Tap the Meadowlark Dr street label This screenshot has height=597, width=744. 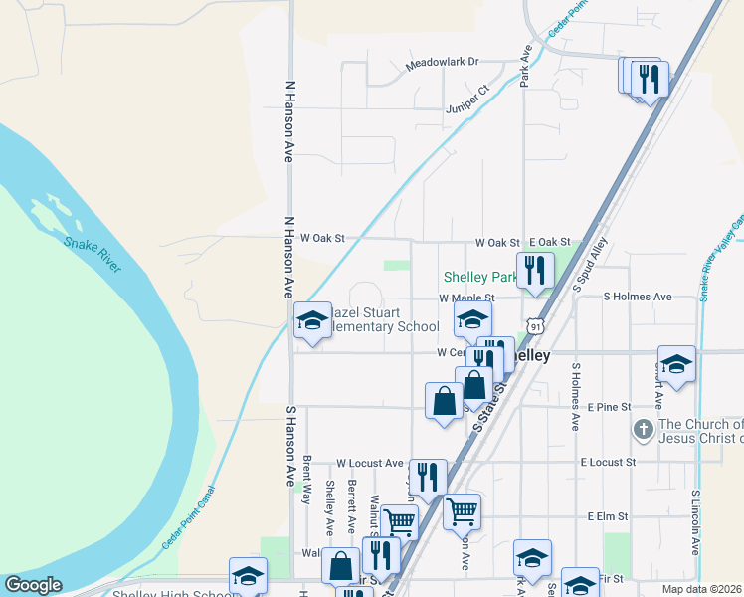pyautogui.click(x=443, y=67)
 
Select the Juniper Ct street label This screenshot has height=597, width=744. pyautogui.click(x=468, y=98)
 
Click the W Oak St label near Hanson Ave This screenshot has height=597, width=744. pyautogui.click(x=322, y=239)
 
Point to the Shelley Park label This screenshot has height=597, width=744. pyautogui.click(x=479, y=278)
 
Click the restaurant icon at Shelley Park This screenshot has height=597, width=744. pyautogui.click(x=535, y=270)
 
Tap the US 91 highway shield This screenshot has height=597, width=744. pyautogui.click(x=536, y=326)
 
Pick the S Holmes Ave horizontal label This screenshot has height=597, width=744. pyautogui.click(x=638, y=297)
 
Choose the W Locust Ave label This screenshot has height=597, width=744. pyautogui.click(x=369, y=463)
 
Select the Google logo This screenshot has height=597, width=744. pyautogui.click(x=33, y=585)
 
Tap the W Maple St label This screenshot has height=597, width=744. pyautogui.click(x=466, y=298)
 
